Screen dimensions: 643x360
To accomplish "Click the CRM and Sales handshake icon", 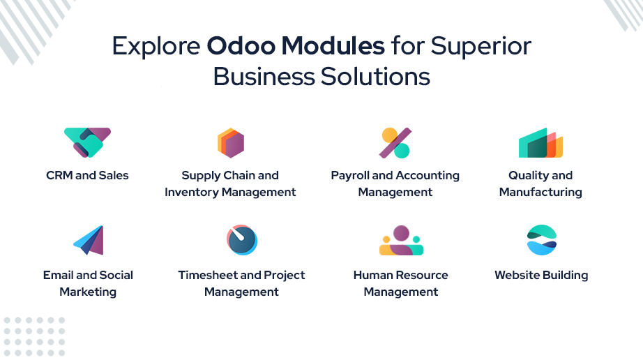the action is point(87,143).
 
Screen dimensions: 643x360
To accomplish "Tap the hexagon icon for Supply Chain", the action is point(231,143).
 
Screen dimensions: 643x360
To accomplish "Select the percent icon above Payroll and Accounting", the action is point(395,143).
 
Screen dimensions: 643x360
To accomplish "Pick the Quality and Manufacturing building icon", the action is point(540,143).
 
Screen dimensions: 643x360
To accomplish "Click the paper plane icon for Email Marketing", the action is point(89,240).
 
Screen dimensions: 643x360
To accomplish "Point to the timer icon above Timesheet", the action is point(242,240).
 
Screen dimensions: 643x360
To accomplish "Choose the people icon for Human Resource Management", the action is point(401,240).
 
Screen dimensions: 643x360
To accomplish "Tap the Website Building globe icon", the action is point(542,240).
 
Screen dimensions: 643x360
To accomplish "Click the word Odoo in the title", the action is point(241,45).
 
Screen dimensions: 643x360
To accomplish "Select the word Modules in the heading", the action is point(333,45).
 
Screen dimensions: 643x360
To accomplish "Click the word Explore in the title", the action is point(156,46).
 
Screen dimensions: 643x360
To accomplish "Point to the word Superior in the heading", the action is point(481,46).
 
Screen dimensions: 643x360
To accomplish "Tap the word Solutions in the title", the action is point(375,77).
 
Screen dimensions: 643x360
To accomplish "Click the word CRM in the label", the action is point(59,176).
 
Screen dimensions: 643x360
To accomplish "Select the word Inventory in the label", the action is point(192,193).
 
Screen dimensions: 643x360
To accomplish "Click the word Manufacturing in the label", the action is point(540,193).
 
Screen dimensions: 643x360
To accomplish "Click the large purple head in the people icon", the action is point(401,233).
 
